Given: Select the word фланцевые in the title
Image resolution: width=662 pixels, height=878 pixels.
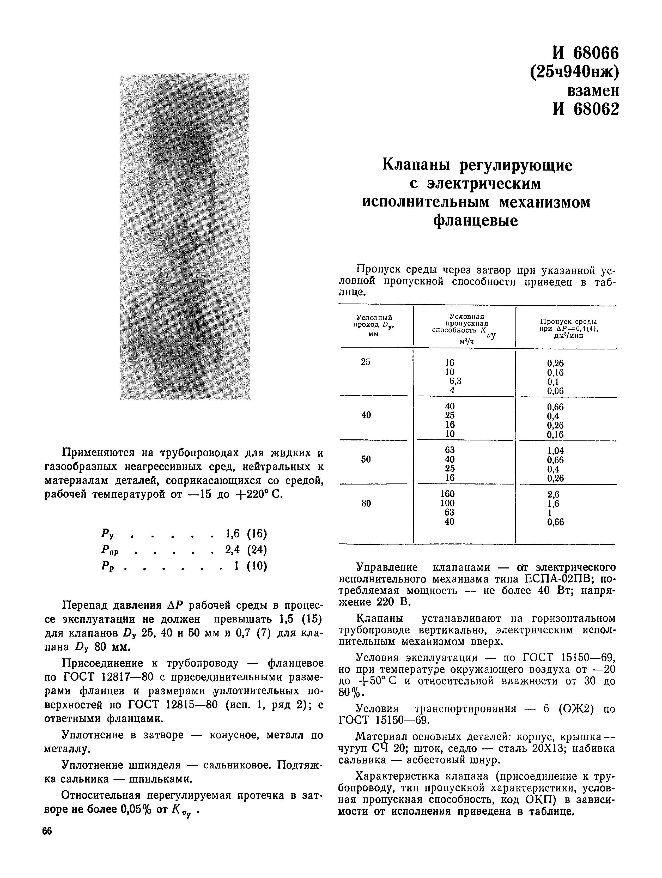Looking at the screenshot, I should tap(476, 220).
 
